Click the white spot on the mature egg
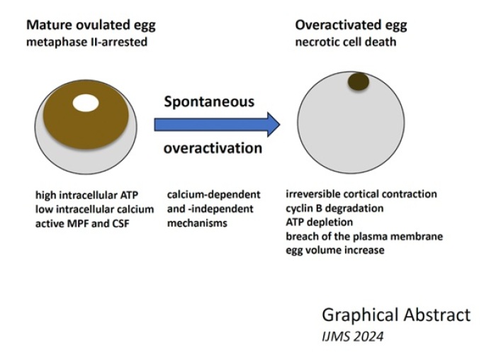click(86, 103)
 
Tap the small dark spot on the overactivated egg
click(359, 81)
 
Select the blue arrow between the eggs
click(217, 124)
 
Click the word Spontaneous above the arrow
click(209, 102)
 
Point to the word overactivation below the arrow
click(213, 148)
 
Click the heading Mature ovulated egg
click(91, 26)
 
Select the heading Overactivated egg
click(351, 26)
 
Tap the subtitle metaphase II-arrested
click(86, 42)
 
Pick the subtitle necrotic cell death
click(346, 42)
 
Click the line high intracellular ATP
click(86, 195)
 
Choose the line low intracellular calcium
click(94, 210)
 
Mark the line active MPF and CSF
click(82, 224)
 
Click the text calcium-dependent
click(214, 195)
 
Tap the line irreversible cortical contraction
click(361, 194)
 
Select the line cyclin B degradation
click(334, 208)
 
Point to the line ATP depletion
click(319, 223)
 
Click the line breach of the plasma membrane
click(364, 236)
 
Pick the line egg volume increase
click(335, 250)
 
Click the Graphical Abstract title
click(396, 315)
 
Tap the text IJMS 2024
click(352, 337)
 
